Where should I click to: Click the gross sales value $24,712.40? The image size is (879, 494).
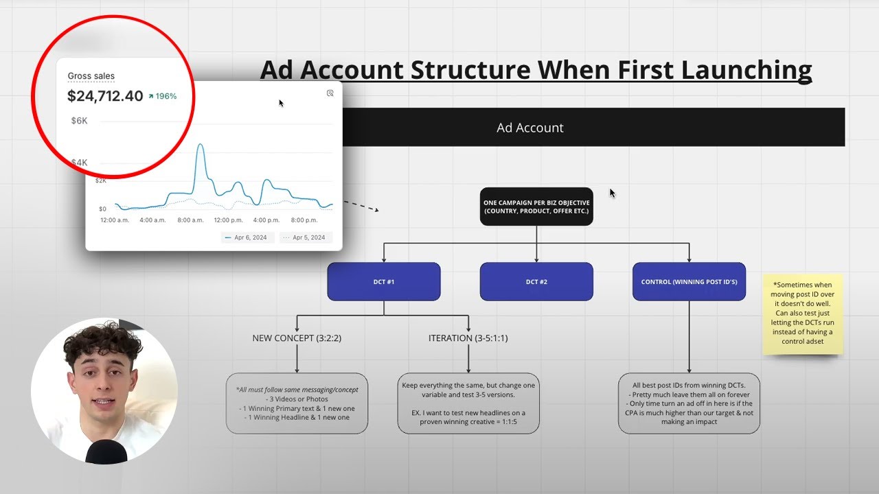(x=104, y=96)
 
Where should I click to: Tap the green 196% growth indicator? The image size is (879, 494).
(x=161, y=96)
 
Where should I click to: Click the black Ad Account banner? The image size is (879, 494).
(x=591, y=128)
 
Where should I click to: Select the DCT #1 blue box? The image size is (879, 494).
(x=383, y=281)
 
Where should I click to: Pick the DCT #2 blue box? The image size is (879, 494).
(x=536, y=281)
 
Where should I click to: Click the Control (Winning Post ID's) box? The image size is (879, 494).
(x=689, y=281)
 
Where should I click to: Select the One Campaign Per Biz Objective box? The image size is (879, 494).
(x=536, y=207)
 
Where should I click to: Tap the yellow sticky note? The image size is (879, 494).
(x=802, y=314)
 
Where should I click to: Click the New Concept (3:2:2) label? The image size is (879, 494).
(x=297, y=338)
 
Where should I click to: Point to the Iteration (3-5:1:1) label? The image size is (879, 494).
(x=468, y=338)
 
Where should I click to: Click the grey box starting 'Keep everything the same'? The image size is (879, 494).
(x=468, y=403)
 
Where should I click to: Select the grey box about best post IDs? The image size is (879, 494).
(x=689, y=403)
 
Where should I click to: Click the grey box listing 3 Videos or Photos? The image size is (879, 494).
(x=297, y=403)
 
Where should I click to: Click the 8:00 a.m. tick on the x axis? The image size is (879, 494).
(x=190, y=220)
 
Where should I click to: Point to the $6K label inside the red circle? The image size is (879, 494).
(x=80, y=121)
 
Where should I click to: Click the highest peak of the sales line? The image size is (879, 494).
(x=201, y=145)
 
